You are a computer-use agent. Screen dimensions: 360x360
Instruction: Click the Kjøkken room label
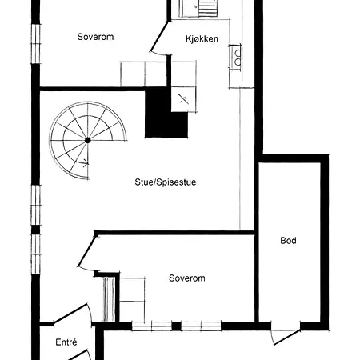(x=202, y=39)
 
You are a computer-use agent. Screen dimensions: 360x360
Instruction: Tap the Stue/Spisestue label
(x=166, y=182)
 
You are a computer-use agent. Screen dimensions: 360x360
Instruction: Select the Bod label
(x=288, y=241)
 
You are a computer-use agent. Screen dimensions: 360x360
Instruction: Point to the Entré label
(x=66, y=342)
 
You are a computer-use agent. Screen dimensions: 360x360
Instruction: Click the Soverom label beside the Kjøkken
(x=95, y=37)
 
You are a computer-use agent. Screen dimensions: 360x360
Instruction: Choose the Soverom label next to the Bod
(x=187, y=278)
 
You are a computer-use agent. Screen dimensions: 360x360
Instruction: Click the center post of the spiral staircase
(x=87, y=140)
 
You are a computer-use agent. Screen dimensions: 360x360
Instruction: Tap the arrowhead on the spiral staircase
(x=86, y=162)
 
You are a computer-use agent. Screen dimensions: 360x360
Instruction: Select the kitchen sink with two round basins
(x=236, y=58)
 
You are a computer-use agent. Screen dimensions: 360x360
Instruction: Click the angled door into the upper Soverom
(x=159, y=38)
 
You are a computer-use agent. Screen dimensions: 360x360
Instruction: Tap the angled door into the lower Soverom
(x=87, y=252)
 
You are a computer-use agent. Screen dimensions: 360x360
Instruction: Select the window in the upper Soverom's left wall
(x=35, y=44)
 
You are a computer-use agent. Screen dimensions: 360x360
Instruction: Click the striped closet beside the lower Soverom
(x=109, y=299)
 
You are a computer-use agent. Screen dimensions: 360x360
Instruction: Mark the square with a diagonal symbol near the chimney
(x=183, y=99)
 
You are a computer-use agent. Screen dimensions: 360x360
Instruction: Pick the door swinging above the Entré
(x=73, y=314)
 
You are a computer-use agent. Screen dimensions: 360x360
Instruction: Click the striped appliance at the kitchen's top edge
(x=208, y=8)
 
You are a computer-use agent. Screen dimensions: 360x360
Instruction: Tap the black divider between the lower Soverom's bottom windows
(x=176, y=326)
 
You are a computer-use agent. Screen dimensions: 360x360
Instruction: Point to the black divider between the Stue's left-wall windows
(x=35, y=230)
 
